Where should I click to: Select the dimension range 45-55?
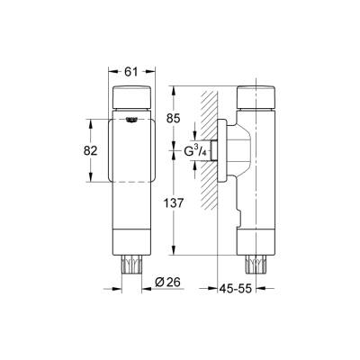point(238,288)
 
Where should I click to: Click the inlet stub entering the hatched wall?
point(215,149)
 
